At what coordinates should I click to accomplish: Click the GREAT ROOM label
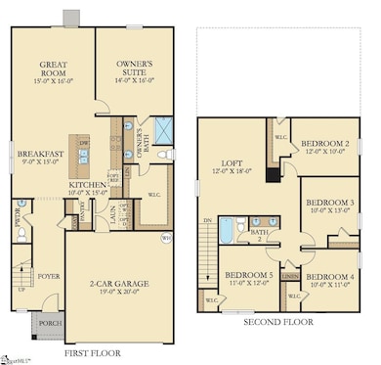tap(53, 69)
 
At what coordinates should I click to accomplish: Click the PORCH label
tap(49, 322)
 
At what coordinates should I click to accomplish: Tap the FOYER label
tap(49, 276)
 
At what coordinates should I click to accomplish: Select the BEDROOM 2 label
tap(325, 143)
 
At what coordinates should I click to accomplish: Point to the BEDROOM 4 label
tap(328, 277)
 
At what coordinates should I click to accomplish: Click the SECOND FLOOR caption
tap(278, 321)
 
